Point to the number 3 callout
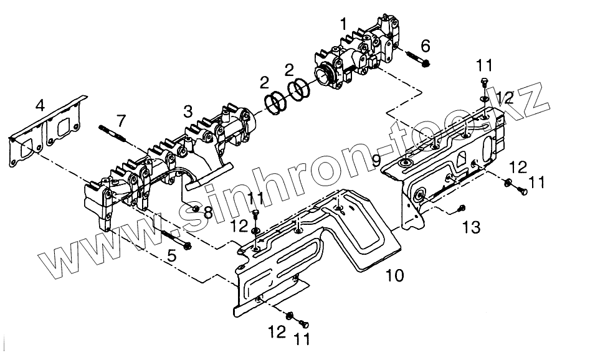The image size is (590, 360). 188,112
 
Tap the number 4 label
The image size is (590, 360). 40,105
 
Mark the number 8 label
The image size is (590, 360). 207,212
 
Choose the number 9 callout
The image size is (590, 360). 376,159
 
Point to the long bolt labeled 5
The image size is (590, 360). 176,239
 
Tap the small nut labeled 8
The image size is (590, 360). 196,208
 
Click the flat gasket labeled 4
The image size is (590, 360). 47,137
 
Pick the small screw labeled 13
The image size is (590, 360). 462,208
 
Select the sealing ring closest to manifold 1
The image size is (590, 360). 300,90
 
